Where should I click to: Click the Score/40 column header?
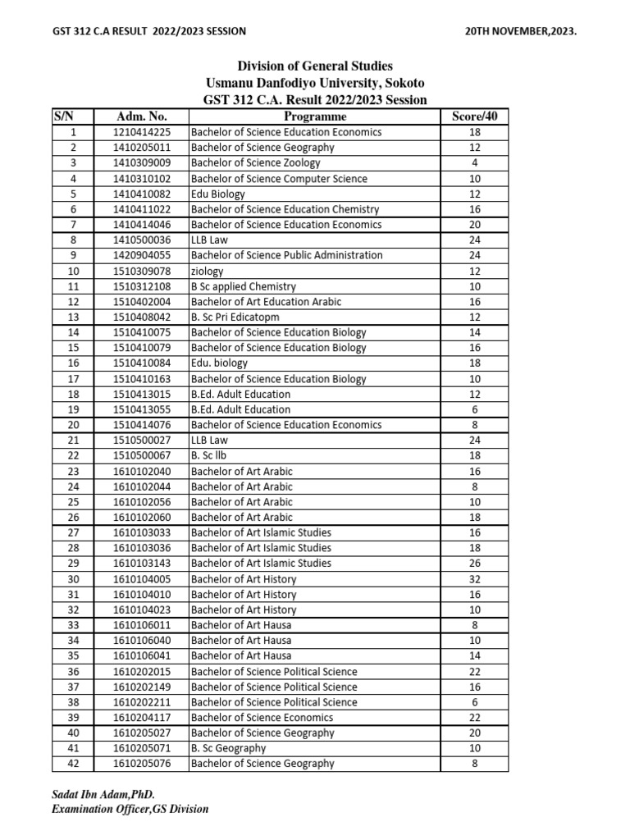[x=474, y=116]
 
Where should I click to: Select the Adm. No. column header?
[x=142, y=116]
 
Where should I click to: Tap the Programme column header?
[x=315, y=116]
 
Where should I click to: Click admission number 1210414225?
[x=142, y=132]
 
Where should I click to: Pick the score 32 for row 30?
[x=474, y=579]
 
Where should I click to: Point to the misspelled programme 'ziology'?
[x=208, y=271]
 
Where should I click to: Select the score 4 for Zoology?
[x=474, y=162]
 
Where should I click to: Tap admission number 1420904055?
[x=142, y=255]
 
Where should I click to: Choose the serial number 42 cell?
[x=73, y=764]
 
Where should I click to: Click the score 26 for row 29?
[x=474, y=564]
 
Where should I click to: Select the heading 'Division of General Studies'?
[x=315, y=66]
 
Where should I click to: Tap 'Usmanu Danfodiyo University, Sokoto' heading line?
[x=315, y=84]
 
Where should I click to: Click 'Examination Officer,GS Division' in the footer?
[x=130, y=810]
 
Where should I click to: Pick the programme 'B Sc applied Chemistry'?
[x=244, y=286]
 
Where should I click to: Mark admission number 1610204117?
[x=142, y=718]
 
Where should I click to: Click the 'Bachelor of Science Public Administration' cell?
[x=286, y=255]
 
